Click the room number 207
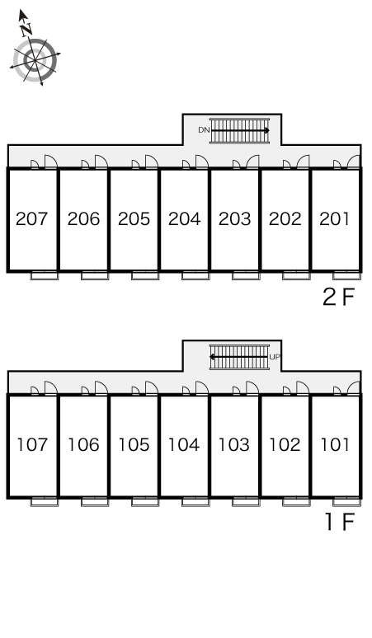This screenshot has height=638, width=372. [33, 219]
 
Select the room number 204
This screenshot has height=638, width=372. [184, 219]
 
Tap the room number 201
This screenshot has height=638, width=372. [335, 219]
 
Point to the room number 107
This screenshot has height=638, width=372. [33, 445]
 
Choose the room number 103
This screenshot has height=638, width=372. [234, 445]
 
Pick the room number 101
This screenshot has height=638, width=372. [335, 445]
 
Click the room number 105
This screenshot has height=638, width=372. [134, 445]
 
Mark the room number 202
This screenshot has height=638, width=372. [285, 219]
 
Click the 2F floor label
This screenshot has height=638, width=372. [338, 298]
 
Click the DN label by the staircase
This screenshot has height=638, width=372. [203, 130]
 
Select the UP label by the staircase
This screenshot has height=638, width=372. [275, 357]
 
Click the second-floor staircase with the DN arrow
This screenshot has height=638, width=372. [240, 130]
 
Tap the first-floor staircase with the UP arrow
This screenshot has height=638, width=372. [239, 357]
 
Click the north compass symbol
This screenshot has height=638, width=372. [35, 59]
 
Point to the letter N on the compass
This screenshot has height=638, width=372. [27, 28]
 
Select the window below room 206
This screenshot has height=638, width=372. [95, 276]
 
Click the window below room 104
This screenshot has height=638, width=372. [195, 502]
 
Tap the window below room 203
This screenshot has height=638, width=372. [246, 276]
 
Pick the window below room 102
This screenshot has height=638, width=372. [296, 502]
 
